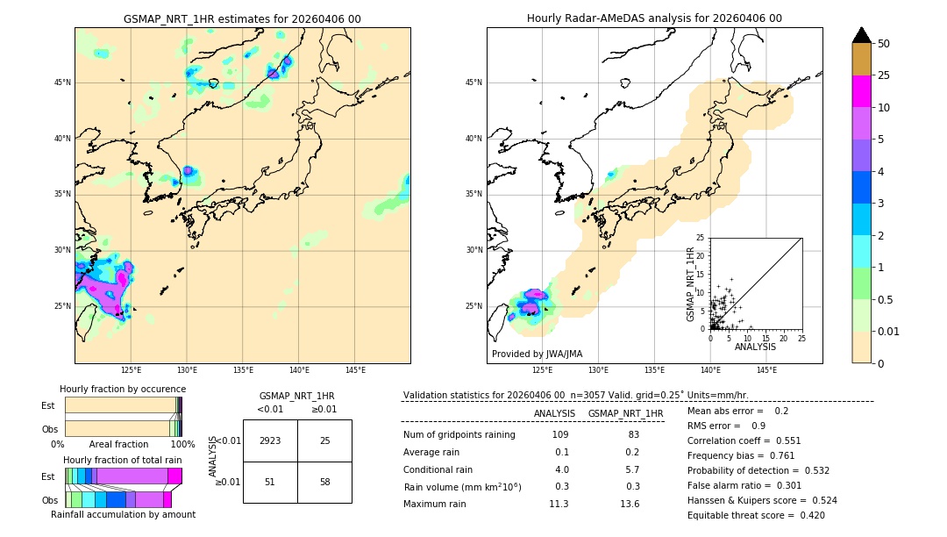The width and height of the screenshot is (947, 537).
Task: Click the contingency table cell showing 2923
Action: (270, 440)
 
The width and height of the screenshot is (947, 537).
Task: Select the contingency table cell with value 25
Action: (324, 440)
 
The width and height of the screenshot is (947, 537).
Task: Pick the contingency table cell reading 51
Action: (270, 482)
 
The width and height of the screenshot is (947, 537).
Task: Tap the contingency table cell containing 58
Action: (324, 482)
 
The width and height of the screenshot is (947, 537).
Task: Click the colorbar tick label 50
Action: (884, 44)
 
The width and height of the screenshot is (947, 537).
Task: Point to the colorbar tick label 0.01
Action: (889, 331)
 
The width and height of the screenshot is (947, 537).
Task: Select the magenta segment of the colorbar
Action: (862, 91)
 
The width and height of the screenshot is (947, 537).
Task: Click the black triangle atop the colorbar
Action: (862, 35)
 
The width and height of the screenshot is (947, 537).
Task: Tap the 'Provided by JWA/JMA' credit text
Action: (537, 354)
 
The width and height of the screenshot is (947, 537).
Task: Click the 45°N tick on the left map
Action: (62, 82)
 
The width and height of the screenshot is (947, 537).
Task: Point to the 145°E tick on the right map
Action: (766, 370)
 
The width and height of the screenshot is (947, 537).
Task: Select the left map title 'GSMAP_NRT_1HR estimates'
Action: (242, 19)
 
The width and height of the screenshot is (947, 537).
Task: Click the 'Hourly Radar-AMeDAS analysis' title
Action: (654, 18)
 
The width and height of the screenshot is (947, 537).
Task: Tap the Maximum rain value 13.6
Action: (630, 504)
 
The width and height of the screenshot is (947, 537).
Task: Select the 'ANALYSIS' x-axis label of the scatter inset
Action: (755, 347)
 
